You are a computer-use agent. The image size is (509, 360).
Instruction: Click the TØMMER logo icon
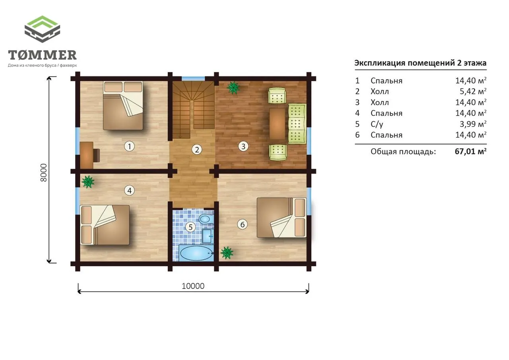coord(42,29)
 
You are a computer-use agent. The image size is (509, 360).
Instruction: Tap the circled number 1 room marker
coord(129,146)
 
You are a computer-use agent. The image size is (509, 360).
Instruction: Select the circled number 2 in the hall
coord(197,150)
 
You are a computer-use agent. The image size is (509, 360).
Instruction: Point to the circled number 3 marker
coord(243,146)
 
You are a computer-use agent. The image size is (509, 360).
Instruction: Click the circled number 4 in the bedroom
coord(129,191)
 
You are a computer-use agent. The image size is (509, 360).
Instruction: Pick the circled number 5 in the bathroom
coord(190,227)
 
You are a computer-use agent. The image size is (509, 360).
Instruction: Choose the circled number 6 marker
coord(242,224)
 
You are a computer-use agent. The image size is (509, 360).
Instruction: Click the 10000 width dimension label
coord(193,286)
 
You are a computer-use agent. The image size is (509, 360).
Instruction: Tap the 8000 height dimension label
coord(43,173)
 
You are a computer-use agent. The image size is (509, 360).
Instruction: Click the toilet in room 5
coord(206,219)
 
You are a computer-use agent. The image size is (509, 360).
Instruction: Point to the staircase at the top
coord(193,109)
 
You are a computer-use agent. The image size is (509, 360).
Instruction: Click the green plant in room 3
coord(233,88)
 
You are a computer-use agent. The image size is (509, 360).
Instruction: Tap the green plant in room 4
coord(88,181)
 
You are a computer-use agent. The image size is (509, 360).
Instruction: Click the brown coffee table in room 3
coord(277,124)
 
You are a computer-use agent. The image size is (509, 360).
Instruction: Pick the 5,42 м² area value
coord(473,91)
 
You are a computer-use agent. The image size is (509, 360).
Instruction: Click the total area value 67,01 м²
coord(470,152)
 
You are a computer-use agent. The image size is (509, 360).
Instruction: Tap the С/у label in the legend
coord(377,124)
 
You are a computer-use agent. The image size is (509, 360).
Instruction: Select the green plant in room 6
coord(227,253)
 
